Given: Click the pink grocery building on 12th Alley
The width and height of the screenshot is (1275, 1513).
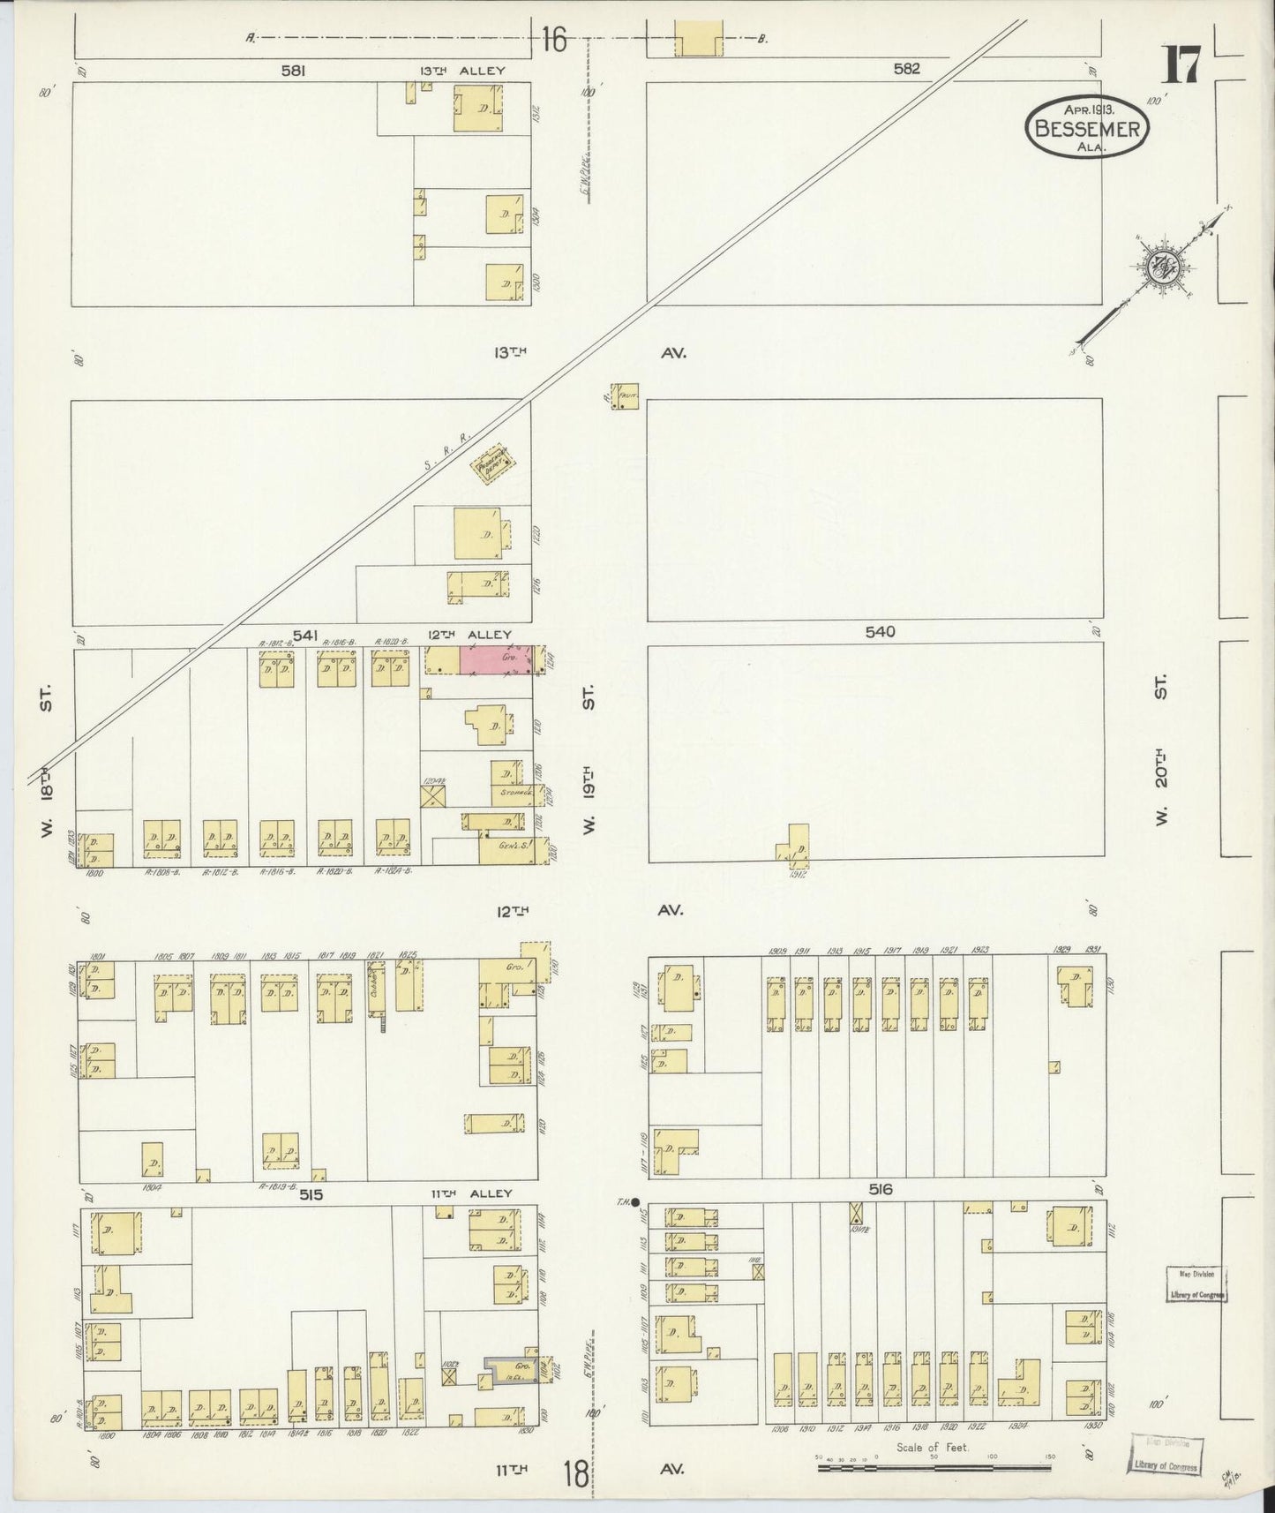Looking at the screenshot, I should click(495, 661).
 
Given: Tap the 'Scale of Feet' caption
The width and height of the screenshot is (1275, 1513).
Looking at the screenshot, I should click(932, 1448).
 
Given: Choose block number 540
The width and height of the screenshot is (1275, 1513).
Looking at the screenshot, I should click(880, 632).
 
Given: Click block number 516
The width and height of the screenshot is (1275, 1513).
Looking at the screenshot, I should click(880, 1190).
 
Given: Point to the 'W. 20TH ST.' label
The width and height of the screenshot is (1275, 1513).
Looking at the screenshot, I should click(1160, 750).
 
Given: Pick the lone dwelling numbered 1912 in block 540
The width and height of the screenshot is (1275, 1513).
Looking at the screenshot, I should click(797, 845).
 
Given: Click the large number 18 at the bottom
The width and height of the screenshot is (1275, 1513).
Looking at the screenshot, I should click(576, 1474).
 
